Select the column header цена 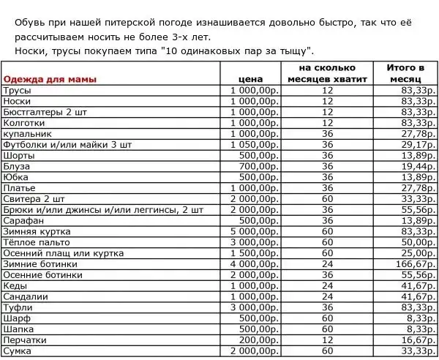pyautogui.click(x=251, y=78)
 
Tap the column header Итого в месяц pyautogui.click(x=405, y=72)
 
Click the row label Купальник pyautogui.click(x=27, y=134)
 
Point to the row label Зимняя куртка pyautogui.click(x=37, y=231)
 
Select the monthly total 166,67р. pyautogui.click(x=416, y=264)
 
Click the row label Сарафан pyautogui.click(x=24, y=220)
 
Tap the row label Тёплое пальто pyautogui.click(x=37, y=242)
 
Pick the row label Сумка pyautogui.click(x=18, y=351)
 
